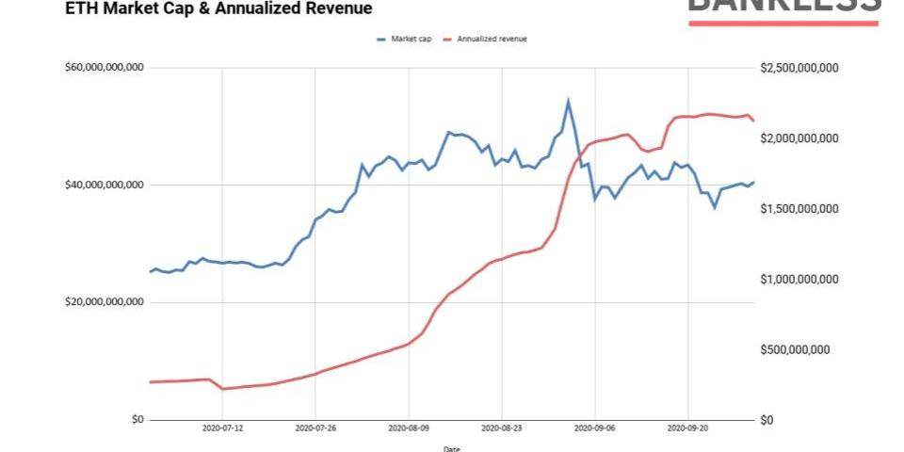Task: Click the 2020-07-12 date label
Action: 222,428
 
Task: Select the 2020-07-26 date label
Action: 315,428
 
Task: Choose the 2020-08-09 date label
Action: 409,428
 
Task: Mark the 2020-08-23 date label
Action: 502,428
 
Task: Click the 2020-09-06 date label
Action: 595,428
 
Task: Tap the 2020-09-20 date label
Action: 688,428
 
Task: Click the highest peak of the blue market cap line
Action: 568,100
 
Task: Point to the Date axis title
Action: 452,447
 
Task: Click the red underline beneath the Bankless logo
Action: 783,22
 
